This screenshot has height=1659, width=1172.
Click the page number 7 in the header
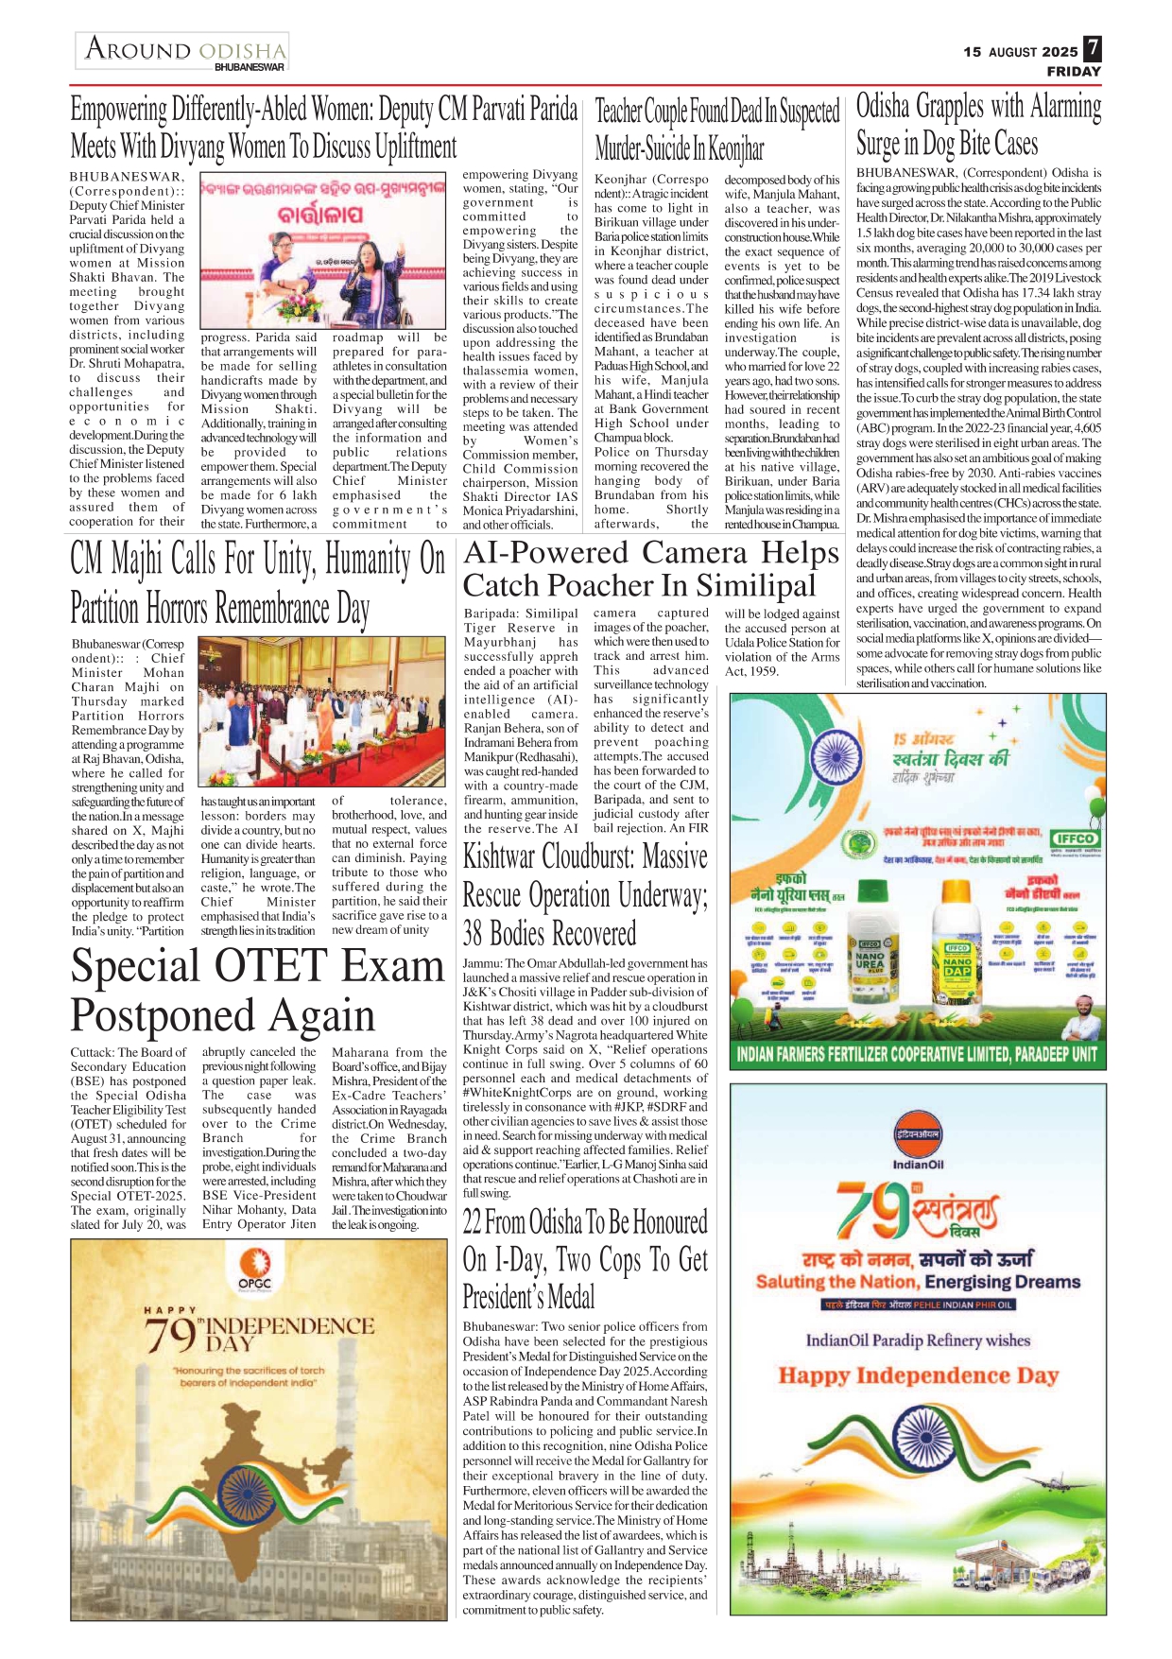tap(1092, 48)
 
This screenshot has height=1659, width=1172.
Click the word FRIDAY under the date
tap(1074, 71)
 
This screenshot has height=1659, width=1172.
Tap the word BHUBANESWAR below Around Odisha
tap(250, 67)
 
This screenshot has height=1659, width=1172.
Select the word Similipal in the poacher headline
tap(755, 586)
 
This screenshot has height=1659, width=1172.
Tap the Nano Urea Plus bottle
tap(870, 955)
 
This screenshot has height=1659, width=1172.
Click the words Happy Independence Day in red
tap(918, 1375)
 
